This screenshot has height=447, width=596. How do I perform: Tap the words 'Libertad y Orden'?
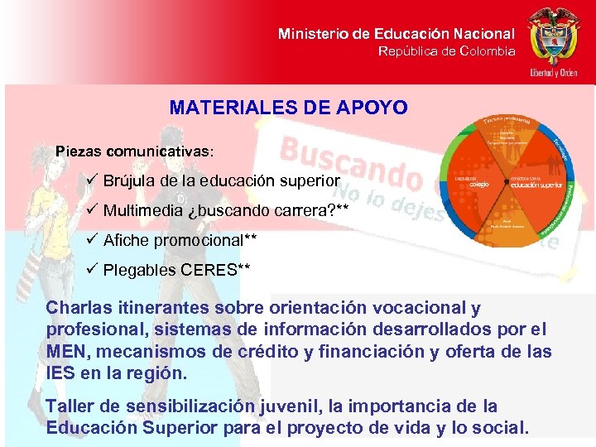(x=554, y=73)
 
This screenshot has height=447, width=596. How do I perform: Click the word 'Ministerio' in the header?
(x=314, y=34)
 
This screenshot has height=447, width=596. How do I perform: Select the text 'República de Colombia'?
(x=446, y=51)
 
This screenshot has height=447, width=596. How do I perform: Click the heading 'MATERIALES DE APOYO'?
(x=288, y=108)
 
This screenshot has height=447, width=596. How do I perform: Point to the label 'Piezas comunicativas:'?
(x=134, y=152)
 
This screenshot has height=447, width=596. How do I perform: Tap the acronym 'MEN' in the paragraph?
(x=66, y=352)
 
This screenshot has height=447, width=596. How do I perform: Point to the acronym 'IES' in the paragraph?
(x=60, y=373)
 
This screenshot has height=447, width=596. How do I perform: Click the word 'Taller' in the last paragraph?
(x=69, y=406)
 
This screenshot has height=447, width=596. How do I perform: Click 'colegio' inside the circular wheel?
(x=470, y=185)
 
